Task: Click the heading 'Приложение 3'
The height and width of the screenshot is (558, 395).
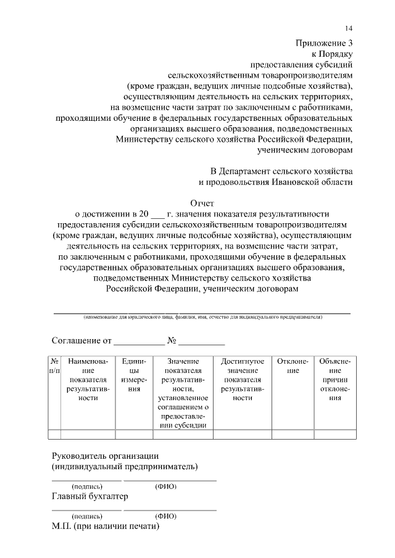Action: pos(324,43)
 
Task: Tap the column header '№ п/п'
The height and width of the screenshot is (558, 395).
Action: pos(54,366)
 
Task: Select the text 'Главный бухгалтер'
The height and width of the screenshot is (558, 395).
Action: pos(89,497)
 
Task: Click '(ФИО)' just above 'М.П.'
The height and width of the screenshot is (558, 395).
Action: pos(166,516)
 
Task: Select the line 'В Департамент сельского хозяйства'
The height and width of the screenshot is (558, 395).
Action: pos(281,171)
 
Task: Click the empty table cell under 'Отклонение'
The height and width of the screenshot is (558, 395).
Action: pos(293,435)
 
